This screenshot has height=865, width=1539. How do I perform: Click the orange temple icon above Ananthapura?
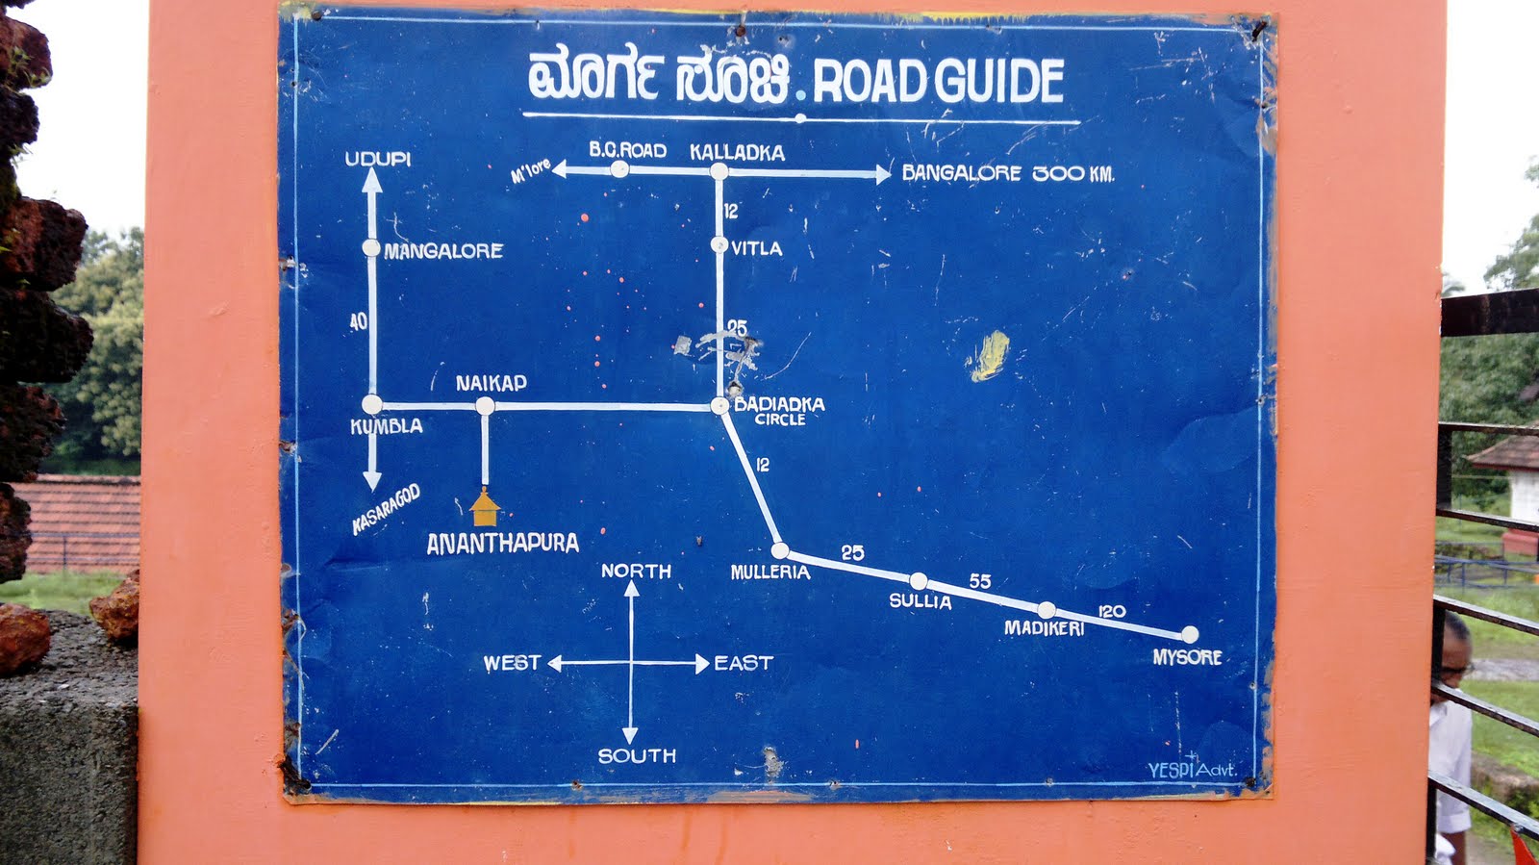(x=484, y=507)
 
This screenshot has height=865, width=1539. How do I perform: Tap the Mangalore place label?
(x=443, y=251)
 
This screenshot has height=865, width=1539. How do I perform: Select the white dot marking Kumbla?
(x=372, y=405)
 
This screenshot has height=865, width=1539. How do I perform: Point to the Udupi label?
(x=377, y=159)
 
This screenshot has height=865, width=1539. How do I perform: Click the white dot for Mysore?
(x=1190, y=634)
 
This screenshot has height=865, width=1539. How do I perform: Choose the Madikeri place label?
(x=1044, y=628)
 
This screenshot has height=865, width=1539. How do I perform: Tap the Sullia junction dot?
(x=919, y=581)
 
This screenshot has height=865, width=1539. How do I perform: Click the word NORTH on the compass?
(x=636, y=571)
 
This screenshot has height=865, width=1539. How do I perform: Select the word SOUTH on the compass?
(x=637, y=756)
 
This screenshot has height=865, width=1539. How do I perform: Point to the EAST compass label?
(x=744, y=663)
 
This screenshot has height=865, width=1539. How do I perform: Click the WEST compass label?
(x=512, y=663)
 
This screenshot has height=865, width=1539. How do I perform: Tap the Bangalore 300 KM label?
(x=1007, y=173)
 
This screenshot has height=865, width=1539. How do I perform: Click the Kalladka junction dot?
(x=719, y=171)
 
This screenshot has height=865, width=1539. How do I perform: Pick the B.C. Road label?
(x=627, y=150)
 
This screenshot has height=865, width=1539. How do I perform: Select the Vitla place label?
(x=756, y=248)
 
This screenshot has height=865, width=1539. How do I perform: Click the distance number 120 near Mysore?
(x=1111, y=611)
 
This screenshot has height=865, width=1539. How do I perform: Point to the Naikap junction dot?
(x=485, y=406)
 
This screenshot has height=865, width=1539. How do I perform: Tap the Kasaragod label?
(x=386, y=509)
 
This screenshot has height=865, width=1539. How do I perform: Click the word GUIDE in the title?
(x=999, y=81)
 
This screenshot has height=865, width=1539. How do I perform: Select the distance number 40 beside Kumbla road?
(x=359, y=321)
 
